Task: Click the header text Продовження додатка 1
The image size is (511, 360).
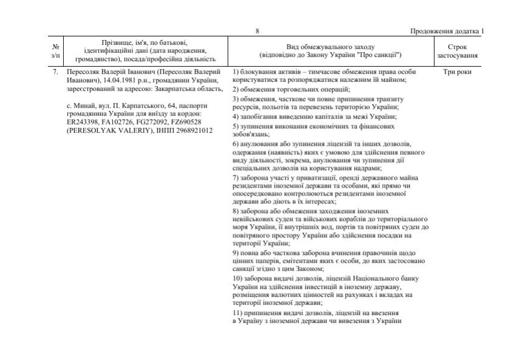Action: (448, 32)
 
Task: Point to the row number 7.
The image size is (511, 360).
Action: (55, 72)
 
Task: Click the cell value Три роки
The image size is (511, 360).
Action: (458, 72)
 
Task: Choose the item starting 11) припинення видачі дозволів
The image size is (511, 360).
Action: (316, 316)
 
